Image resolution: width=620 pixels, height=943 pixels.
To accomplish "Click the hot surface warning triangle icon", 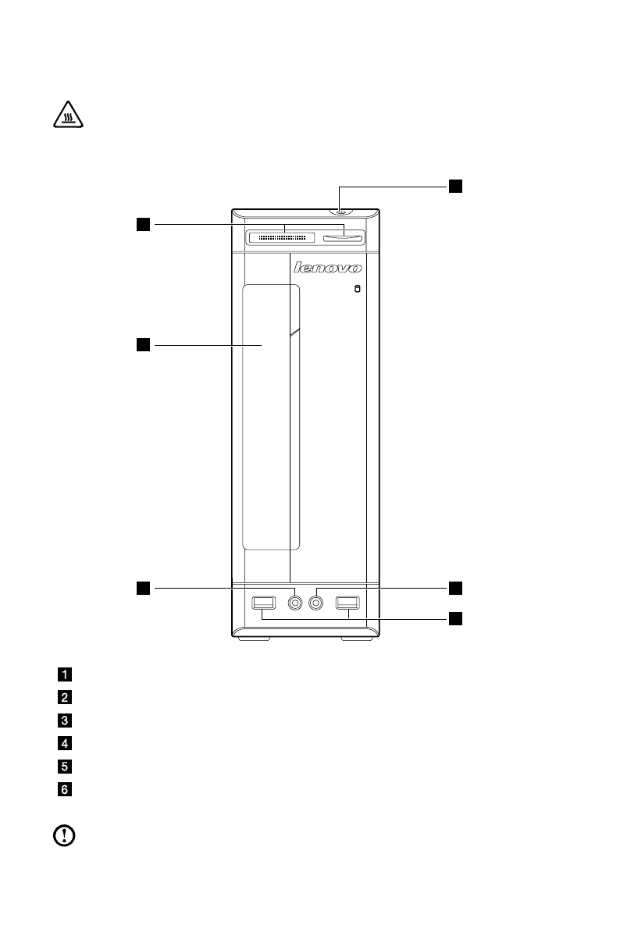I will click(66, 117).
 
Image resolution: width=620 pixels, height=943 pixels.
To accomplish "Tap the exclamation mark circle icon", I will click(62, 836).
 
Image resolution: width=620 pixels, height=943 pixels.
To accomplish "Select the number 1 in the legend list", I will click(66, 673).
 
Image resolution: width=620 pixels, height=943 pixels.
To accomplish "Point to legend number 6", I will click(66, 789).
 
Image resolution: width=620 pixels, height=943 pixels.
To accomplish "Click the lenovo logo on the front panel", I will click(328, 268).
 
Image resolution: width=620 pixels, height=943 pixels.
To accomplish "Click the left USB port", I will click(264, 603).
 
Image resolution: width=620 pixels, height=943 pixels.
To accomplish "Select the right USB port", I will click(346, 603).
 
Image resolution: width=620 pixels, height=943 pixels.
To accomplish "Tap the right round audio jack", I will click(317, 603).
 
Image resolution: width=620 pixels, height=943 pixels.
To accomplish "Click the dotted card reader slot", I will click(281, 237).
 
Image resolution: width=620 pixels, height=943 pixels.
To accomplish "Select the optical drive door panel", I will click(271, 418).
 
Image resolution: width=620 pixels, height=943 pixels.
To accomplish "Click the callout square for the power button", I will click(455, 186).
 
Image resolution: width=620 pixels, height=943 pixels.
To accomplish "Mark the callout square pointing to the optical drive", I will click(143, 343).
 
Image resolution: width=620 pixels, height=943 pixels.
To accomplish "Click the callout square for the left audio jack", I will click(143, 586).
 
